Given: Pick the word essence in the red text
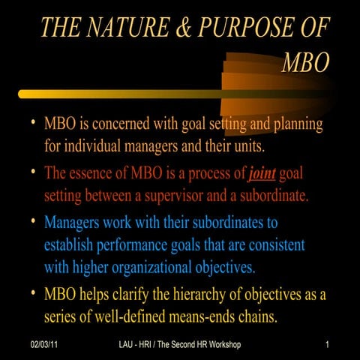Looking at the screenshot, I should coord(103,173).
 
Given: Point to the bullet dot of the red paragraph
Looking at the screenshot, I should coord(30,172).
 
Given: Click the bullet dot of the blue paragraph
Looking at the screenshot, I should coord(30,222).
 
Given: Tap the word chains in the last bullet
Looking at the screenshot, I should coord(257,317).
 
